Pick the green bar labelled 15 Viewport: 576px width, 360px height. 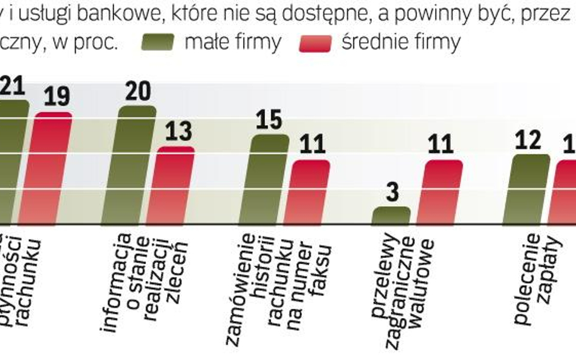270,179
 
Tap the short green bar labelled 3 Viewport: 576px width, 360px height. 390,216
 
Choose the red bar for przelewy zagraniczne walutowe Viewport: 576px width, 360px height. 445,192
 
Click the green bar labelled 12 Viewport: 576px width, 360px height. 531,189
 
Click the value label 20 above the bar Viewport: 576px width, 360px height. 138,91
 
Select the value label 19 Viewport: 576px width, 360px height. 57,97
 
